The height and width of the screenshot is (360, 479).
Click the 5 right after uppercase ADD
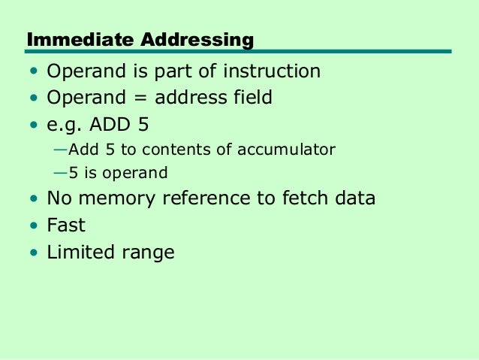143,123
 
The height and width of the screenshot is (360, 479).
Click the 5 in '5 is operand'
74,173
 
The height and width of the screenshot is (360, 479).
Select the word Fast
66,225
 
